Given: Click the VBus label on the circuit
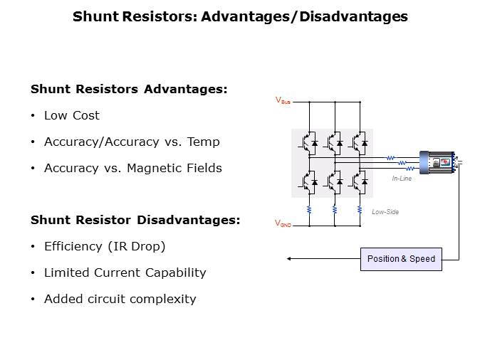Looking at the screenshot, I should [283, 101].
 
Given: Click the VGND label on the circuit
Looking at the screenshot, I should [283, 223].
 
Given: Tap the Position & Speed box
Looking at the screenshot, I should [401, 259].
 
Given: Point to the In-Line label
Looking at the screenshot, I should [402, 179].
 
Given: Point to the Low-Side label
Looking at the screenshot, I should [385, 211].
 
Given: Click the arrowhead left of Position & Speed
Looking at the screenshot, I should [288, 259].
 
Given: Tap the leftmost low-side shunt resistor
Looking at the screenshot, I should [309, 210].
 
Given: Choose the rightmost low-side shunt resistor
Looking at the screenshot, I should [361, 210].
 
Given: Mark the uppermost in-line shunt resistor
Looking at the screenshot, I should [390, 158].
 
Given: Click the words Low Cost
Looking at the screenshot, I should [72, 115].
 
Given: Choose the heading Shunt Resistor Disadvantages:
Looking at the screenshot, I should [135, 220].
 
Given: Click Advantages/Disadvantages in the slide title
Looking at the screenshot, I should [304, 16].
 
